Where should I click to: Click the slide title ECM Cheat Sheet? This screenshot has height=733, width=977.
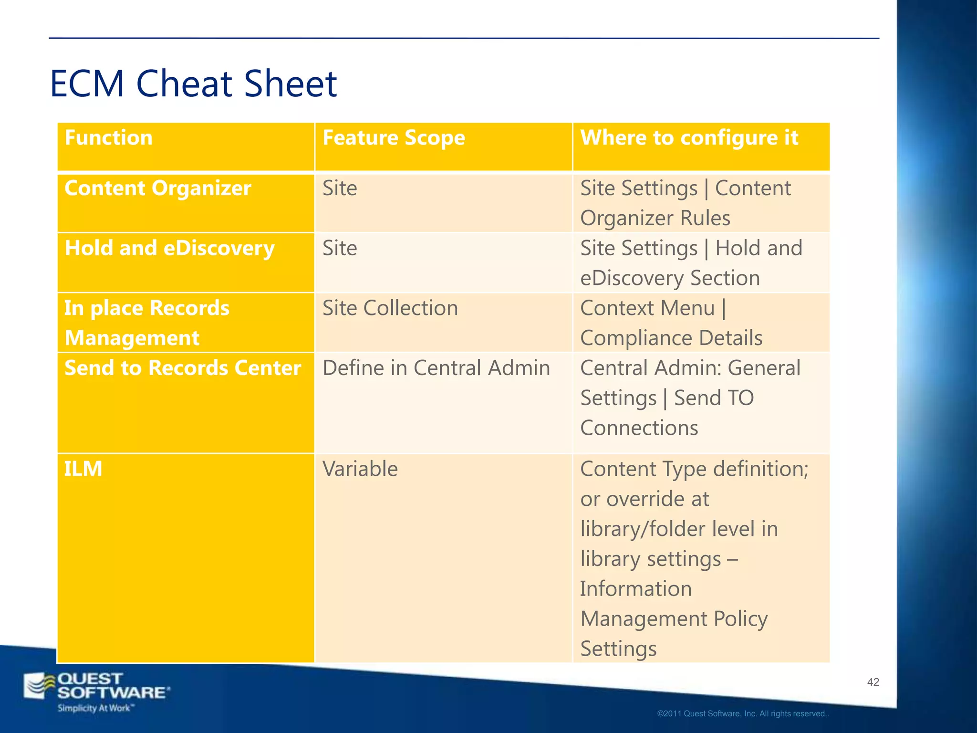pos(193,84)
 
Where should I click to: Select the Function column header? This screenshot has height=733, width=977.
pos(109,138)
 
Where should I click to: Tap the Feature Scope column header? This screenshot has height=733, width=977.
pos(394,138)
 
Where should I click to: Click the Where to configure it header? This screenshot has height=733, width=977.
pos(689,138)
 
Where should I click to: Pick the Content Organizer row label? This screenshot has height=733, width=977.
pos(157,188)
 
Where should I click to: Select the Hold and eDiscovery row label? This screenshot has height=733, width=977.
pos(169,248)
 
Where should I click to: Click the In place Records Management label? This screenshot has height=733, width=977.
pos(147,323)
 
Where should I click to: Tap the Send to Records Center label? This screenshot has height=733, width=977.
pos(183,368)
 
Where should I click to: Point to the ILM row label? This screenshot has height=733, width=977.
pos(83,469)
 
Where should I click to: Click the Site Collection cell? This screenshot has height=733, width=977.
pos(390,308)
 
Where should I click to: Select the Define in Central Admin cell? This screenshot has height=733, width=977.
pos(436,368)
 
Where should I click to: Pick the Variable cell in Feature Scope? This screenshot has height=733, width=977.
pos(360,469)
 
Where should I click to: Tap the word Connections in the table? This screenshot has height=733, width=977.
pos(639,428)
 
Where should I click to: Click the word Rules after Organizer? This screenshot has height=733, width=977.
pos(705,219)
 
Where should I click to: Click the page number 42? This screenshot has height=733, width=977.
pos(873,682)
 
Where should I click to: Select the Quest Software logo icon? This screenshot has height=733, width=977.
pos(40,686)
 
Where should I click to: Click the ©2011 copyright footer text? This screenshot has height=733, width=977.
pos(743,714)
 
